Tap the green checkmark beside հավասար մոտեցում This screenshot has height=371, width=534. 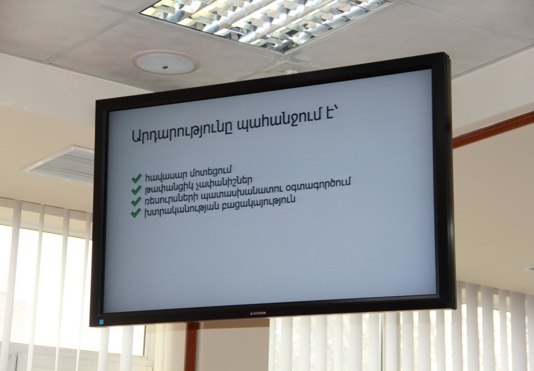136,178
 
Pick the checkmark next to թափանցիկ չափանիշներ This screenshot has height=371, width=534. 136,190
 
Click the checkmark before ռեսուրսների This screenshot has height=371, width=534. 136,201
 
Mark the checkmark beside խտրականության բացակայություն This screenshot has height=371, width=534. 136,213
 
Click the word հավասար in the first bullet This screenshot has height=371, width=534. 167,176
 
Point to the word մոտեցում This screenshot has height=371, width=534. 211,172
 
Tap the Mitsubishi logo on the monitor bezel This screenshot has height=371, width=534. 258,313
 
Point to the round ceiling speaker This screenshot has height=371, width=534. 165,62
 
